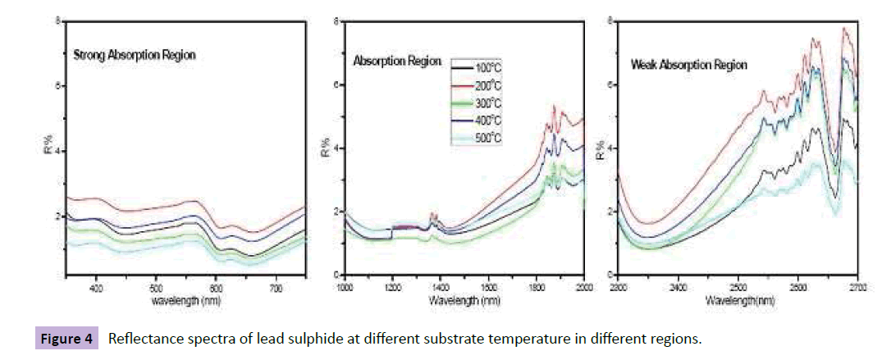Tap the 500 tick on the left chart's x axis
[x=157, y=289]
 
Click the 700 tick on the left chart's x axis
[x=276, y=289]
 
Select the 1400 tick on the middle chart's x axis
[x=441, y=289]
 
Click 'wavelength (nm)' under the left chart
[x=185, y=300]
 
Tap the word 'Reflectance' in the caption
[x=142, y=338]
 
